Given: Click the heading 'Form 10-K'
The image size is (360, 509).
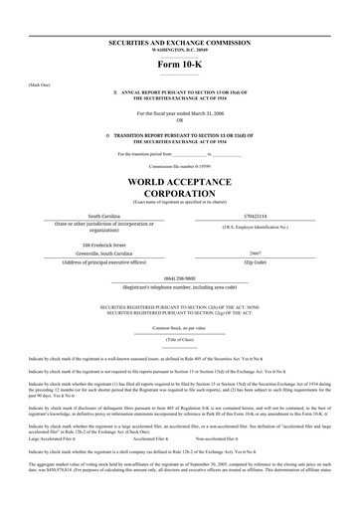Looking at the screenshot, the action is pos(179,67).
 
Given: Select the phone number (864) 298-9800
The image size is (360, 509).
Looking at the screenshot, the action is pos(179,278).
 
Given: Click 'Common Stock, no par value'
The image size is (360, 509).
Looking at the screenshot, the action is pos(179,327).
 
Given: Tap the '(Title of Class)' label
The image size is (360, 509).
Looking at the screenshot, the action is pos(179,339).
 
